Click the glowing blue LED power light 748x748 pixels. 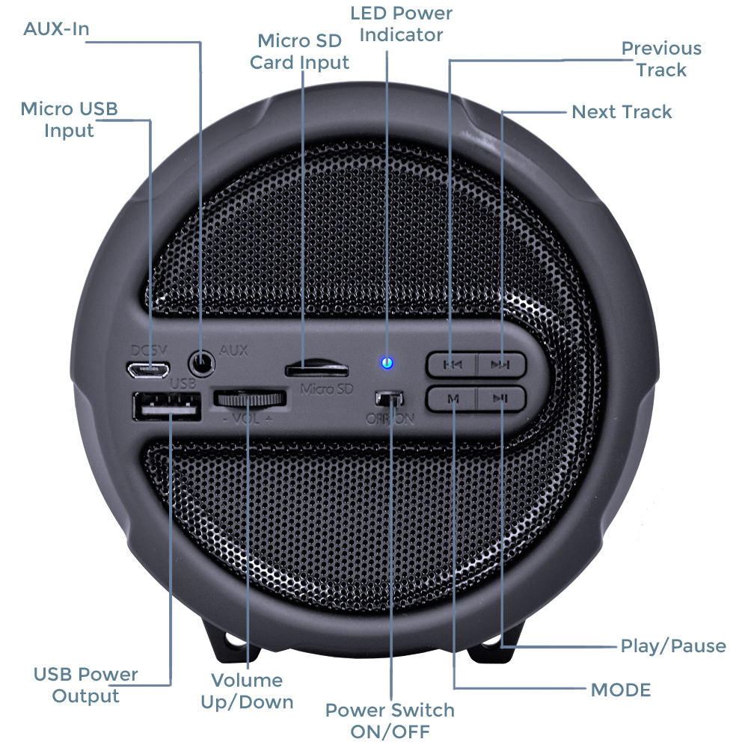click(x=387, y=363)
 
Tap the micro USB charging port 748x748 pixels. click(x=148, y=370)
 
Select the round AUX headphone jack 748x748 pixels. click(x=202, y=364)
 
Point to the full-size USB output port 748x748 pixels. click(x=167, y=406)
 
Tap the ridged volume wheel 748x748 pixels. click(x=250, y=399)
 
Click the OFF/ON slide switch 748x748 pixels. click(x=389, y=399)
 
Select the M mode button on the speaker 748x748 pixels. click(x=451, y=399)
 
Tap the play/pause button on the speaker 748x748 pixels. click(x=501, y=399)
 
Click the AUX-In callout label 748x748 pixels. click(x=56, y=28)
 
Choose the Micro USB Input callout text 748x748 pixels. click(x=69, y=119)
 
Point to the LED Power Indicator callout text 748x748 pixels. click(x=401, y=24)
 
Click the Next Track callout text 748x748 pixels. click(x=622, y=111)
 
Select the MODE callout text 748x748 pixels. click(x=621, y=690)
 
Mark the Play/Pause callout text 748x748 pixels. click(x=673, y=646)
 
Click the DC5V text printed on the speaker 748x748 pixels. click(x=149, y=351)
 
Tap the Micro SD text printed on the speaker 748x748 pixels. click(x=327, y=389)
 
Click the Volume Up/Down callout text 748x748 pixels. click(x=247, y=690)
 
